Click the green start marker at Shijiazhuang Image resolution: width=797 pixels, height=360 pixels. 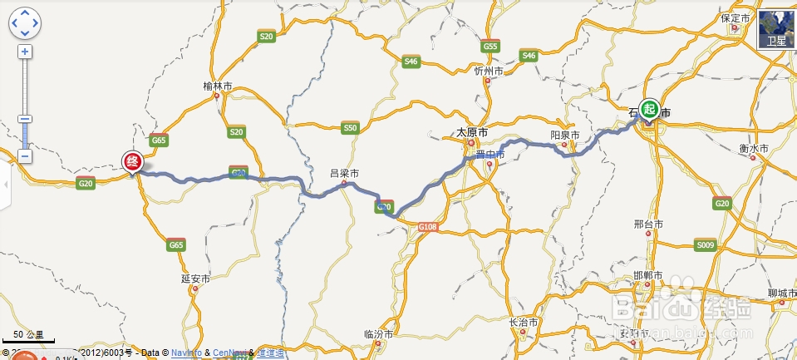pyautogui.click(x=649, y=109)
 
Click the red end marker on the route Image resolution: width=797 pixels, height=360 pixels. pyautogui.click(x=131, y=161)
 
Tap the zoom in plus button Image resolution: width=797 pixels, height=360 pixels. pyautogui.click(x=25, y=52)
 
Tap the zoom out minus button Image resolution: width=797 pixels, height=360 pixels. pyautogui.click(x=25, y=155)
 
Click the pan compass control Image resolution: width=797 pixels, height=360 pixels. pyautogui.click(x=25, y=22)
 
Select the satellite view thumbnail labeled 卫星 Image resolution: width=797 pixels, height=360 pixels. pyautogui.click(x=777, y=30)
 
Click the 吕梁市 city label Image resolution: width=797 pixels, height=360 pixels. pyautogui.click(x=344, y=174)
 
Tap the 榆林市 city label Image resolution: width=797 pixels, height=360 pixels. pyautogui.click(x=218, y=86)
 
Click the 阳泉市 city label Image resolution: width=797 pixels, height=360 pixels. pyautogui.click(x=565, y=135)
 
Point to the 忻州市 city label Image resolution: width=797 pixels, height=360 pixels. pyautogui.click(x=489, y=72)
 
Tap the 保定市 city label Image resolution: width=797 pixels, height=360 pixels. pyautogui.click(x=736, y=18)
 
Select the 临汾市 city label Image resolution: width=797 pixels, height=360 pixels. pyautogui.click(x=379, y=333)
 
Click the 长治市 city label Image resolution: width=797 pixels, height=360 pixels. pyautogui.click(x=524, y=322)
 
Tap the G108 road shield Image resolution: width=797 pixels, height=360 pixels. pyautogui.click(x=427, y=226)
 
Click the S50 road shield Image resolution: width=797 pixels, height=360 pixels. pyautogui.click(x=350, y=128)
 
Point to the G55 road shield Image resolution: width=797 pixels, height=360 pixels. pyautogui.click(x=490, y=47)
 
